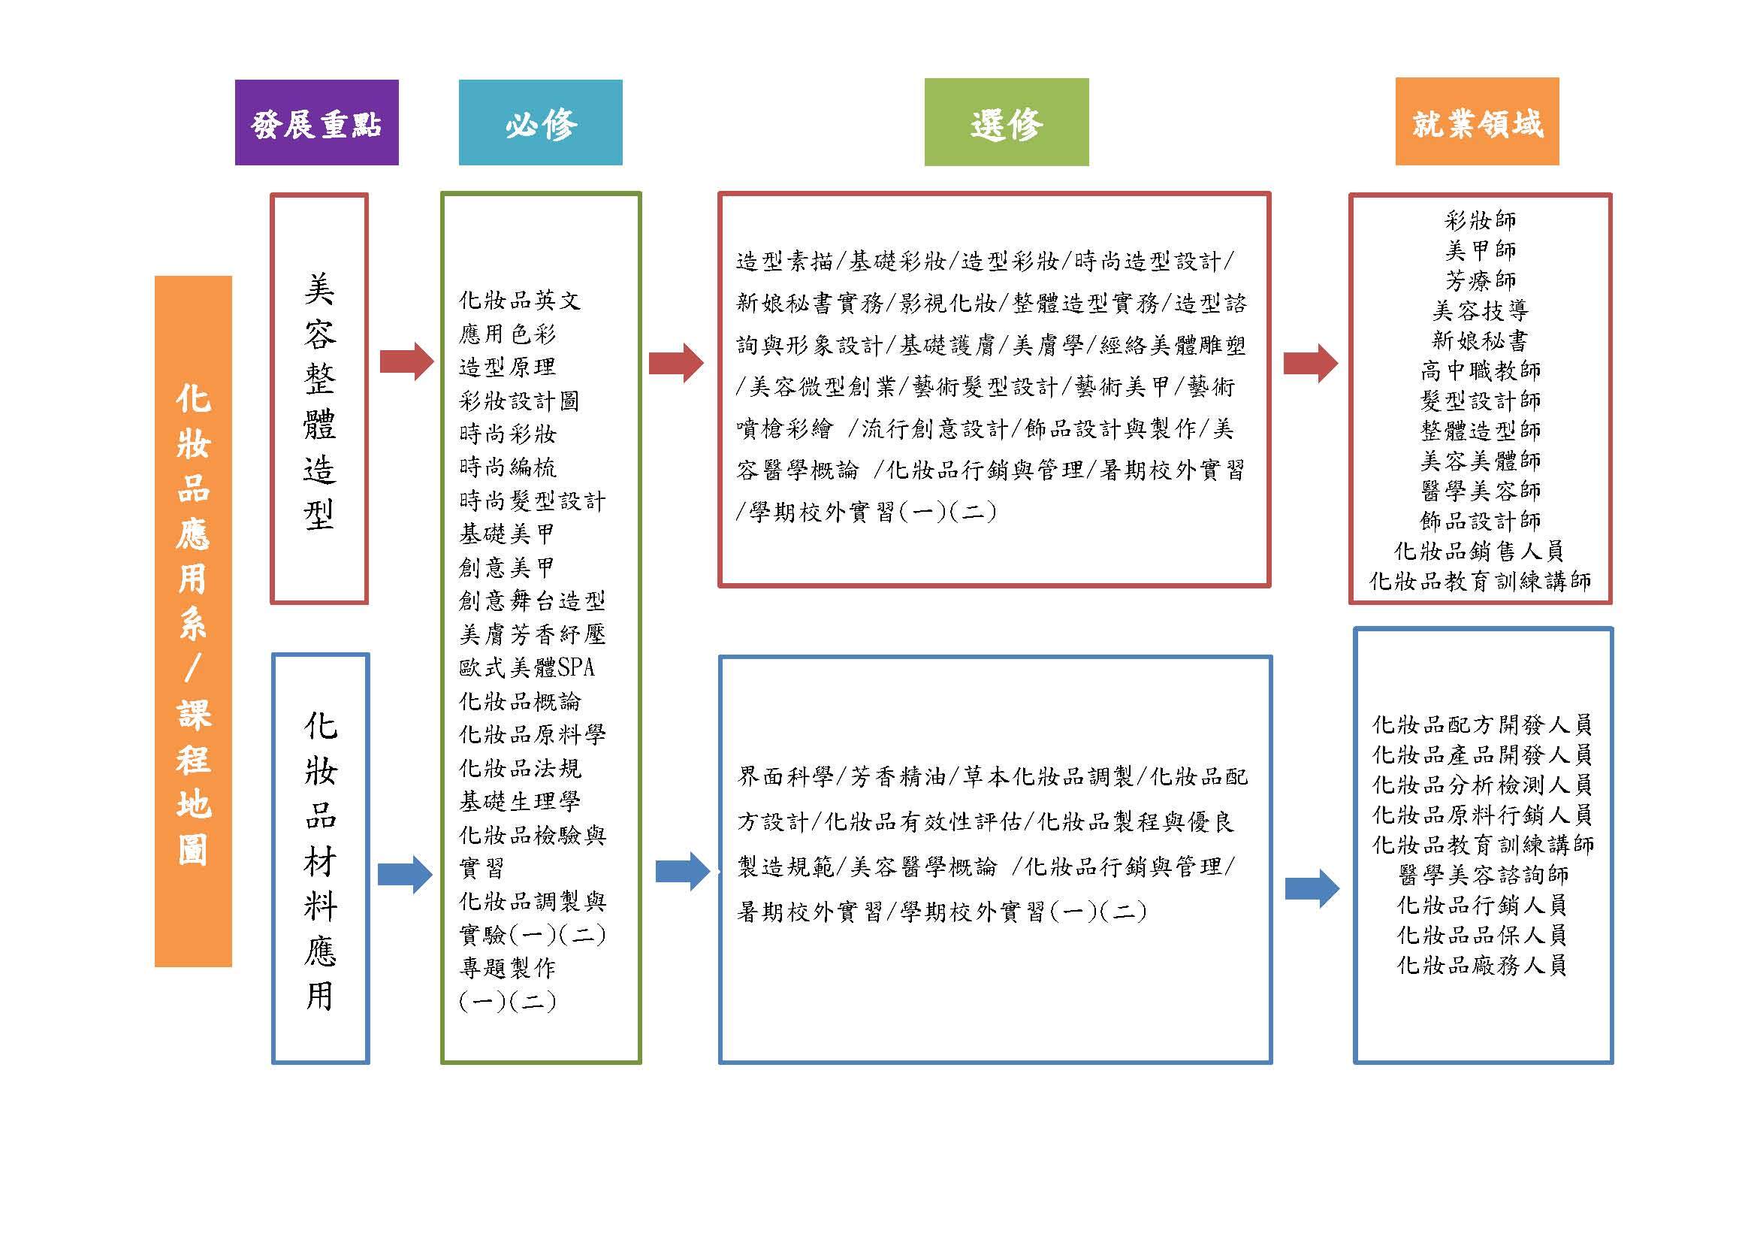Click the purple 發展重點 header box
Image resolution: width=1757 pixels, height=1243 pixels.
pyautogui.click(x=317, y=122)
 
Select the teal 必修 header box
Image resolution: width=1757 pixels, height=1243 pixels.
pyautogui.click(x=540, y=122)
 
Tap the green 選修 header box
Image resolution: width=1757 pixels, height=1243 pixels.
pyautogui.click(x=1007, y=122)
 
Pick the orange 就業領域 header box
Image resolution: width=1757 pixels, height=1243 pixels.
pyautogui.click(x=1477, y=121)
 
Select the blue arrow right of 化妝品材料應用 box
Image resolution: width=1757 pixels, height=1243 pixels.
pyautogui.click(x=406, y=874)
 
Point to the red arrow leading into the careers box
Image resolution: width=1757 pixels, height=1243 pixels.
pyautogui.click(x=1311, y=363)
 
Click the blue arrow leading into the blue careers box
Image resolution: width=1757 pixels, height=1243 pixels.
pyautogui.click(x=1312, y=888)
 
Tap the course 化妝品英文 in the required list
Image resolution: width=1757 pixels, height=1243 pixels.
pyautogui.click(x=520, y=300)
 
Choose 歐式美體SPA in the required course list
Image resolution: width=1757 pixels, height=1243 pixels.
pyautogui.click(x=527, y=667)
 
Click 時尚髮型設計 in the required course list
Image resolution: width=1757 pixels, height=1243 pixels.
pyautogui.click(x=532, y=501)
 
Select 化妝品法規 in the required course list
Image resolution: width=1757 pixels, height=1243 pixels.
pyautogui.click(x=520, y=768)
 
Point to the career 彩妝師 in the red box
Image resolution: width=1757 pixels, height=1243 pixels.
pyautogui.click(x=1480, y=220)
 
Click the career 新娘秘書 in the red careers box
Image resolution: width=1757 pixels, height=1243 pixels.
pyautogui.click(x=1480, y=340)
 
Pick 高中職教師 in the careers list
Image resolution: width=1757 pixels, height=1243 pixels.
pyautogui.click(x=1480, y=370)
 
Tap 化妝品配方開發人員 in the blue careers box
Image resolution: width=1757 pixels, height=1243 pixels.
pyautogui.click(x=1482, y=724)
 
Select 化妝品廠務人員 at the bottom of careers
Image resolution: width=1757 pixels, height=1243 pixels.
pyautogui.click(x=1482, y=965)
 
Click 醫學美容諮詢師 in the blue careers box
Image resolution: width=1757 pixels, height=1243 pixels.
pyautogui.click(x=1482, y=875)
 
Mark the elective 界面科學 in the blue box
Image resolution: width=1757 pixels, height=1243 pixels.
pyautogui.click(x=784, y=777)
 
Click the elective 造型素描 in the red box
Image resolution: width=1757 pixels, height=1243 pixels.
pyautogui.click(x=784, y=262)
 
